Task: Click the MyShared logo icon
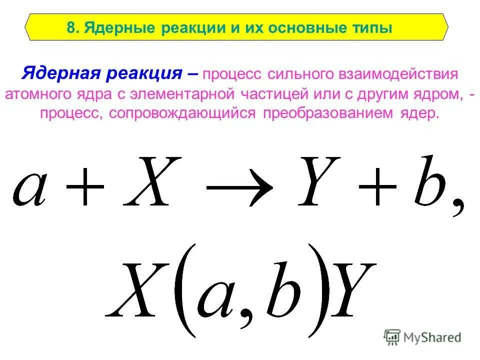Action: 392,338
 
